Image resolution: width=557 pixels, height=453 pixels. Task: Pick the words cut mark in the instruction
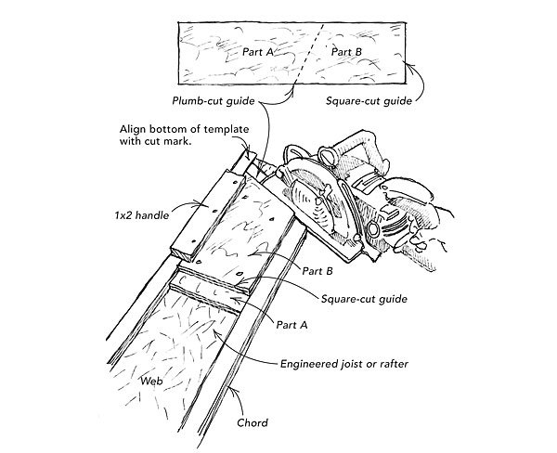175,144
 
